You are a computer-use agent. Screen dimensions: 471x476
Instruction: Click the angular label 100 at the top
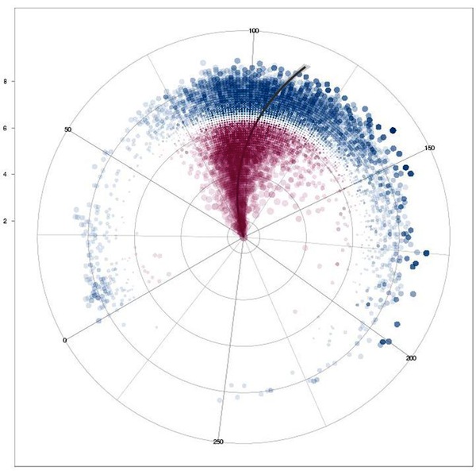[x=254, y=31]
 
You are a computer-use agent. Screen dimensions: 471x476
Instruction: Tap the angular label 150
[x=431, y=148]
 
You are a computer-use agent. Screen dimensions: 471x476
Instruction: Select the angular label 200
[x=411, y=359]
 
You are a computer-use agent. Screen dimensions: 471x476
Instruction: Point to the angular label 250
[x=219, y=442]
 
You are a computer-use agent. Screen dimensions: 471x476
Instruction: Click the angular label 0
[x=65, y=340]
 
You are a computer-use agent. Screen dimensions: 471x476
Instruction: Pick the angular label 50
[x=68, y=129]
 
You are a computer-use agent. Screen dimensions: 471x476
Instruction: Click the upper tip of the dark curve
[x=306, y=68]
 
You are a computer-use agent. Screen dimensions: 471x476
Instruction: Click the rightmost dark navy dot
[x=425, y=253]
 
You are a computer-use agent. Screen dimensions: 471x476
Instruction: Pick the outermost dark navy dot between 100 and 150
[x=392, y=129]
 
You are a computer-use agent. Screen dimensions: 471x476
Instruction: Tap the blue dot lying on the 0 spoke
[x=98, y=320]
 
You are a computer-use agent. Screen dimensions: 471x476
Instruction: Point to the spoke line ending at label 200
[x=333, y=300]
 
